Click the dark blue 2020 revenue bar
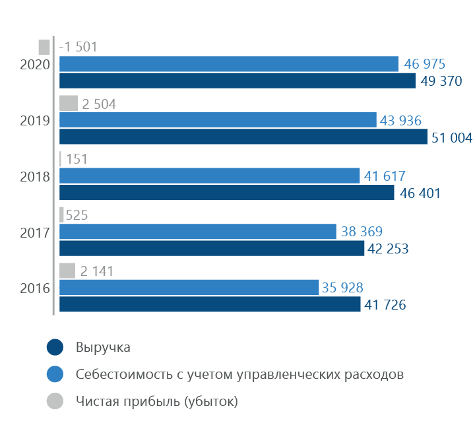coord(237,81)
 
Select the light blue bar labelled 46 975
coord(228,64)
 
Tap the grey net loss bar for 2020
coord(44,47)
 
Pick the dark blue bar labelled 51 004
coord(243,137)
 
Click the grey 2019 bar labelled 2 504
coord(69,103)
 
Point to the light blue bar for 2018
coord(210,176)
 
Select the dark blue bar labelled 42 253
coord(212,248)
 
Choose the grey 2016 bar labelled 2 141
coord(67,271)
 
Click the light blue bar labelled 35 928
coord(189,287)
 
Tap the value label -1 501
coord(79,47)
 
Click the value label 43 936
coord(400,120)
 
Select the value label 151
coord(77,159)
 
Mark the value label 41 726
coord(385,305)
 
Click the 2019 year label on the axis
coord(35,120)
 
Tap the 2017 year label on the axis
coord(35,232)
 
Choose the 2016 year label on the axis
coord(35,288)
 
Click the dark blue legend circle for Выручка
coord(55,348)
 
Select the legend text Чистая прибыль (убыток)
coord(156,401)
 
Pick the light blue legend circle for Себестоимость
coord(55,374)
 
